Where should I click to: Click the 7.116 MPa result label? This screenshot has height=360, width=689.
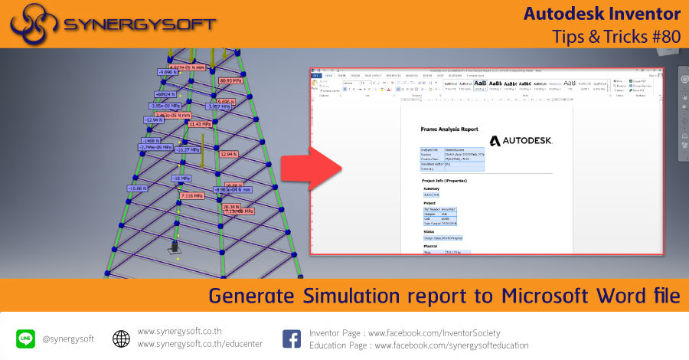[x=192, y=195]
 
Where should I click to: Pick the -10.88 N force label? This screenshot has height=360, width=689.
[x=138, y=188]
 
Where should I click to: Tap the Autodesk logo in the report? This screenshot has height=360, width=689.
[x=521, y=141]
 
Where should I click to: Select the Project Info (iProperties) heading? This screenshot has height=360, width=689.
[x=455, y=181]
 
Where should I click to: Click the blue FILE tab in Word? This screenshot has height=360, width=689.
[x=316, y=76]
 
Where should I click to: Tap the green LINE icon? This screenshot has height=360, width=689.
[x=25, y=338]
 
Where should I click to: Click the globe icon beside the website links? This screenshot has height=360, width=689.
[x=121, y=338]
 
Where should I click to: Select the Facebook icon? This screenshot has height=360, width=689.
[x=291, y=338]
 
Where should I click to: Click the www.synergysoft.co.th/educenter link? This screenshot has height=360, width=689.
[x=200, y=344]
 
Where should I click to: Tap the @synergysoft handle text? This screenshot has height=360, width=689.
[x=67, y=339]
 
